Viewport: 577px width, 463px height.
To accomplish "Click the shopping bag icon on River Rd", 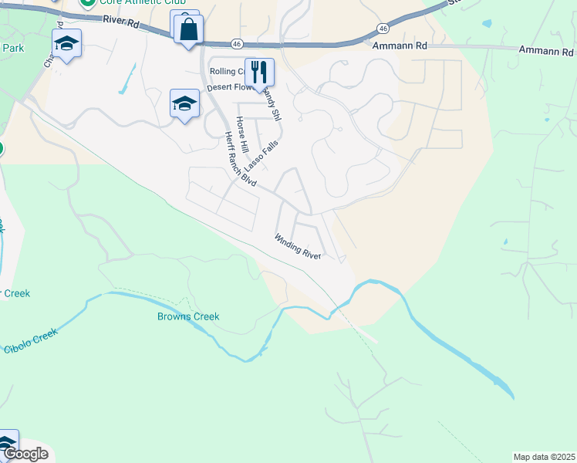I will (x=188, y=30).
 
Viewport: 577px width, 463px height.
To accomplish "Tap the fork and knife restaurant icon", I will (x=259, y=73).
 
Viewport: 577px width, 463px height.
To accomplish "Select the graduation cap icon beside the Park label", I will (x=67, y=44).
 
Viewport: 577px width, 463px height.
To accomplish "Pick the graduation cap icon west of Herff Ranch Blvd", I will (x=184, y=103).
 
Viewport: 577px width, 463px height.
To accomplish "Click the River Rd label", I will (x=122, y=24).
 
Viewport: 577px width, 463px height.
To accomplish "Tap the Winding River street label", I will (x=297, y=246).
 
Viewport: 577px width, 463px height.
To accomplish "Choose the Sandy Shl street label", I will (x=270, y=103).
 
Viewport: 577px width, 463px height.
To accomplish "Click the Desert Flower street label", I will (x=230, y=88).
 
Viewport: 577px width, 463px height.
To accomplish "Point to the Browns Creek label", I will (x=188, y=316).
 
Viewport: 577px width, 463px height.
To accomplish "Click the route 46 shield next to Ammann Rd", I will (x=383, y=28).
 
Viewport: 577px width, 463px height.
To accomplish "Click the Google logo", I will (x=25, y=454).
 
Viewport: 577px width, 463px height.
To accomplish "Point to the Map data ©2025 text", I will (x=544, y=457).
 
